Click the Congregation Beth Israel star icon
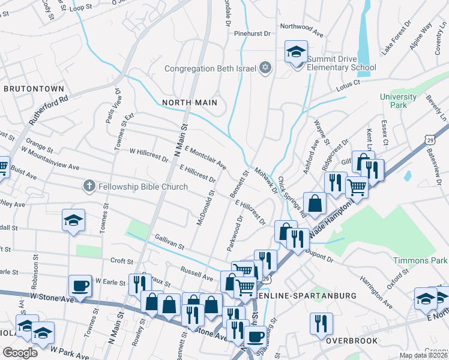[265, 68]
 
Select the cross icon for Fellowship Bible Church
[89, 187]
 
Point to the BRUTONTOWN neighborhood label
[34, 89]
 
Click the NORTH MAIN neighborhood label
[190, 103]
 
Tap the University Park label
[398, 101]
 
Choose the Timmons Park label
[420, 260]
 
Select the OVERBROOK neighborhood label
[352, 341]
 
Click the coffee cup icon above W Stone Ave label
[80, 286]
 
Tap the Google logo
[20, 353]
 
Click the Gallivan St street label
[169, 241]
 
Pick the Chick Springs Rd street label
[292, 197]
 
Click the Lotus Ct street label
[348, 85]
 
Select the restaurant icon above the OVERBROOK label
[321, 324]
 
